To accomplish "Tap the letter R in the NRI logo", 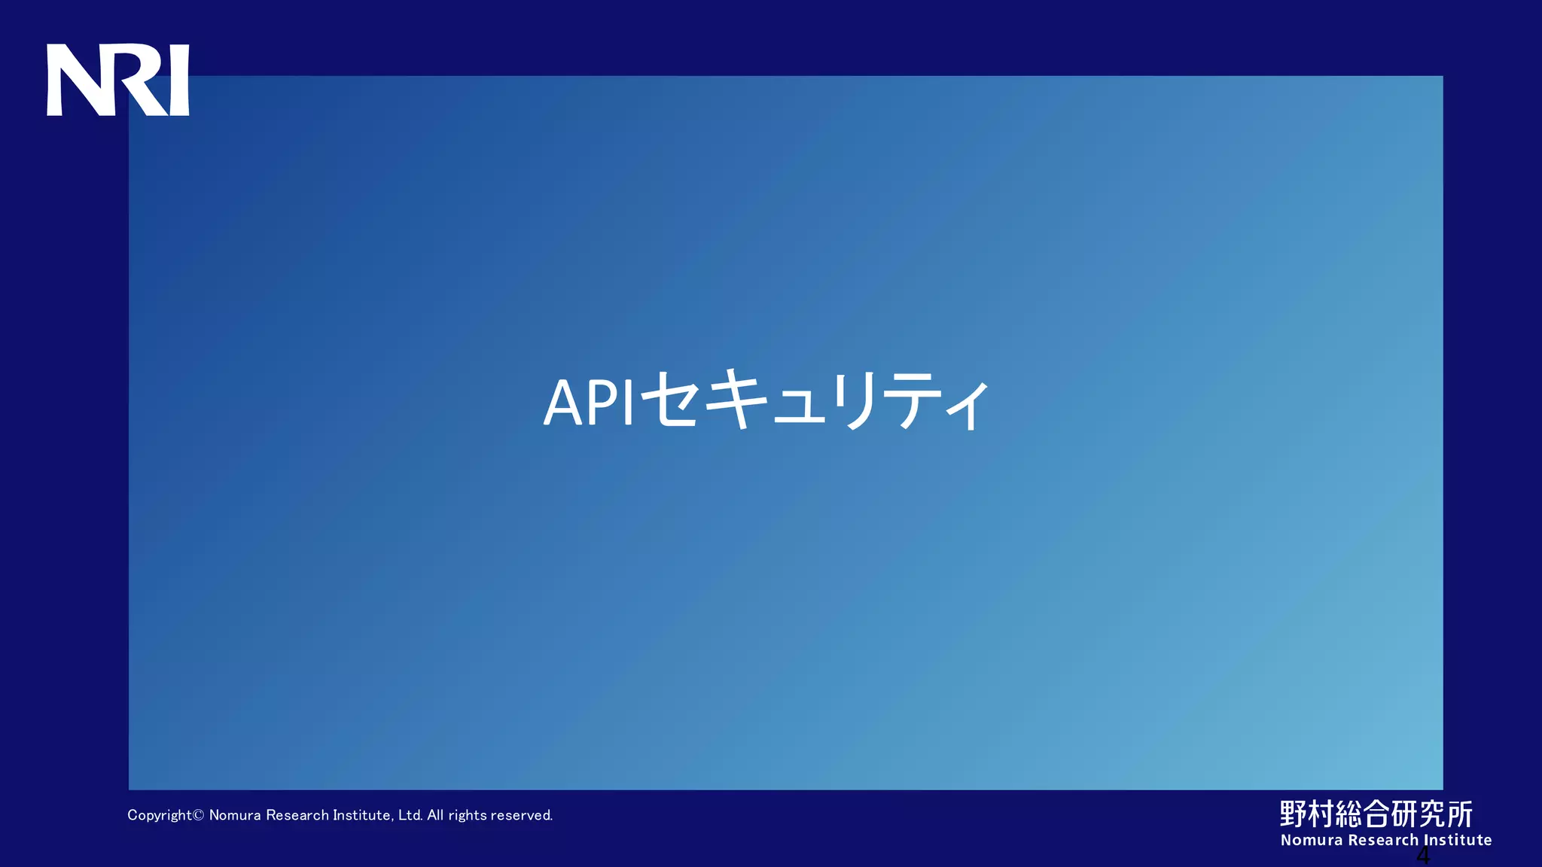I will tap(139, 80).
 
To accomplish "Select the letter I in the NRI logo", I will tap(180, 80).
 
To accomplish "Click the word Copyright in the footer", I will tap(159, 815).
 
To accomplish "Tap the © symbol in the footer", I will tap(199, 815).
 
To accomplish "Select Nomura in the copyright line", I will tap(235, 815).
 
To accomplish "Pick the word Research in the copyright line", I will tap(297, 815).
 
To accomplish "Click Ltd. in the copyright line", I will tap(410, 815).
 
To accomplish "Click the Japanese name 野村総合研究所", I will tap(1376, 814).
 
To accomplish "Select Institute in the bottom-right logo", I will tap(1458, 840).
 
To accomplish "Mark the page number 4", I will tap(1423, 856).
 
